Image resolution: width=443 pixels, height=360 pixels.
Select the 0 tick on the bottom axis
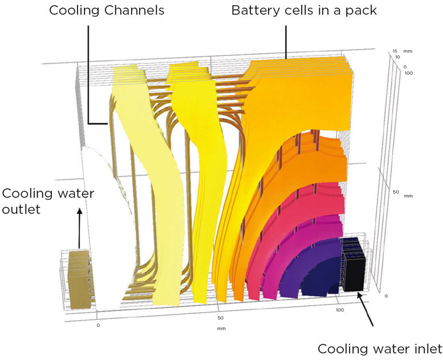click(x=98, y=325)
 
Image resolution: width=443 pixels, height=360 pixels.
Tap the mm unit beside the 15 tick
click(x=408, y=52)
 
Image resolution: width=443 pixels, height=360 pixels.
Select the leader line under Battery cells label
click(x=285, y=40)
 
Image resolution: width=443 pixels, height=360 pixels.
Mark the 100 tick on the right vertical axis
click(x=408, y=73)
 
